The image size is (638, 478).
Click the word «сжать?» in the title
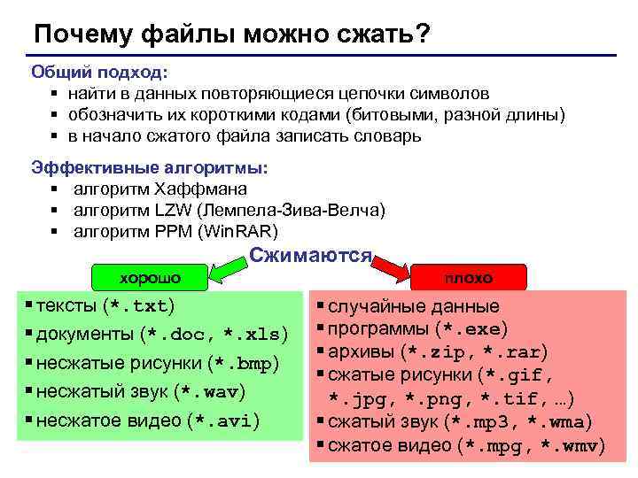385,34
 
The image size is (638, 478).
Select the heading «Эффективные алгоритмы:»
149,167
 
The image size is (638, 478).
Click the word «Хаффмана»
200,189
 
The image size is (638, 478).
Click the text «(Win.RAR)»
239,231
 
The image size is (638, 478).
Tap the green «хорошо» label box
150,277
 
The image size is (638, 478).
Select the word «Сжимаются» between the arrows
310,256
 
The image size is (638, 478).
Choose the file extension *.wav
210,391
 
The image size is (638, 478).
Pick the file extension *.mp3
485,422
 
